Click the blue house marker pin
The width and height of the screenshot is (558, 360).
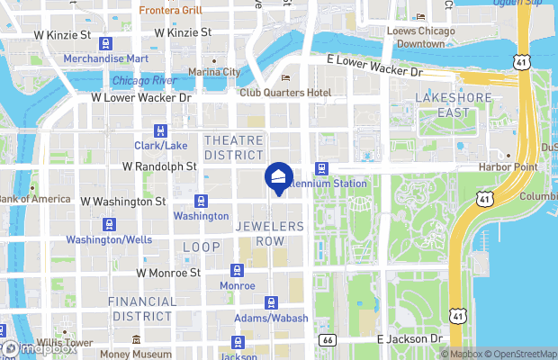click(x=279, y=178)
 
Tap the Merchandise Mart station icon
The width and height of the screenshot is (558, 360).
click(x=106, y=43)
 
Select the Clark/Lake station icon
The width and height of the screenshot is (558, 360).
click(x=161, y=130)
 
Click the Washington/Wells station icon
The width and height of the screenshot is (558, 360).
click(x=109, y=224)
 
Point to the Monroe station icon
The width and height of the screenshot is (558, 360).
click(x=238, y=269)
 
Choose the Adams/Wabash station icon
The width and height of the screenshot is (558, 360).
click(x=271, y=303)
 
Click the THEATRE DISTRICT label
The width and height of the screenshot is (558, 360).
click(x=234, y=148)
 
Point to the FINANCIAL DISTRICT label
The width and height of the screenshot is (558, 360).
click(x=142, y=309)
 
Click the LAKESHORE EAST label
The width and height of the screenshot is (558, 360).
click(x=443, y=104)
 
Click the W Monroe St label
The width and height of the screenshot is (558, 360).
click(x=166, y=272)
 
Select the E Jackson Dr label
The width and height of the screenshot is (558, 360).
click(x=410, y=339)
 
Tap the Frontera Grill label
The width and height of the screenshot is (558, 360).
click(x=170, y=11)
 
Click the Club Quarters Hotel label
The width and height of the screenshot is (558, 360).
click(x=285, y=93)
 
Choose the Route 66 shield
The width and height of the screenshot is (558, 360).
click(x=328, y=339)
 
